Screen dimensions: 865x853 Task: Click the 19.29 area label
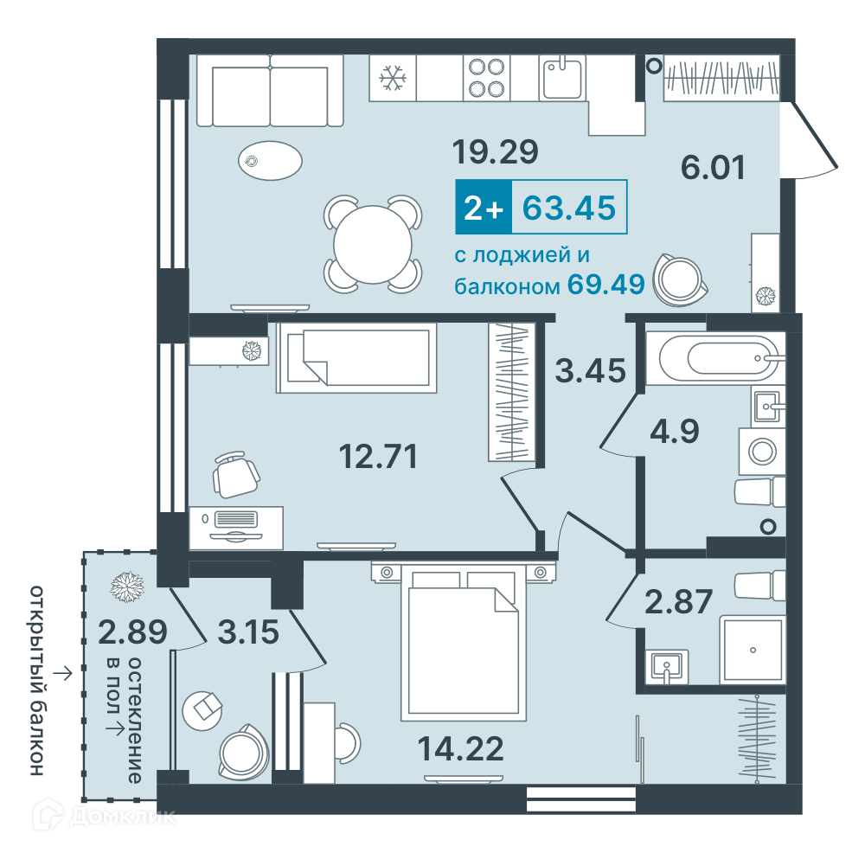[x=495, y=151]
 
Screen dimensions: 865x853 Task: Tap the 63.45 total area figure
[x=569, y=208]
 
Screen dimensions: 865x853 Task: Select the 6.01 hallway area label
[x=713, y=167]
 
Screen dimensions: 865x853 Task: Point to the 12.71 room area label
[x=378, y=456]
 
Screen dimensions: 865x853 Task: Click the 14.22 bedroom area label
[x=461, y=748]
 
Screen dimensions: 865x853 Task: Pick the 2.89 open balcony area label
[x=132, y=632]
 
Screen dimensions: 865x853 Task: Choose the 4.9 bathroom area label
[x=674, y=431]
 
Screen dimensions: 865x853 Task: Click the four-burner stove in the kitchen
[x=486, y=78]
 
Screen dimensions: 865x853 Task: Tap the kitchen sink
[x=562, y=78]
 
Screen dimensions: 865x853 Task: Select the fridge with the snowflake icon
[x=393, y=78]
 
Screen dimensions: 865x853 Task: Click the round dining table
[x=373, y=244]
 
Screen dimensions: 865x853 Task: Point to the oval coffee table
[x=270, y=161]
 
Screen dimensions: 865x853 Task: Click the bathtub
[x=715, y=358]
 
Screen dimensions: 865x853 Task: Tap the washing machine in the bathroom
[x=762, y=451]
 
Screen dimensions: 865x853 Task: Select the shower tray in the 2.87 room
[x=753, y=650]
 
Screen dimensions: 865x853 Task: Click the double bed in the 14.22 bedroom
[x=463, y=643]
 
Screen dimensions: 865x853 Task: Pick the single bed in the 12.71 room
[x=356, y=357]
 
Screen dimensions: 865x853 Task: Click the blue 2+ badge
[x=484, y=207]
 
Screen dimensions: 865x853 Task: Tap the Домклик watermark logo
[x=105, y=815]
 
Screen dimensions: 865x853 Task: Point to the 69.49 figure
[x=605, y=284]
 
